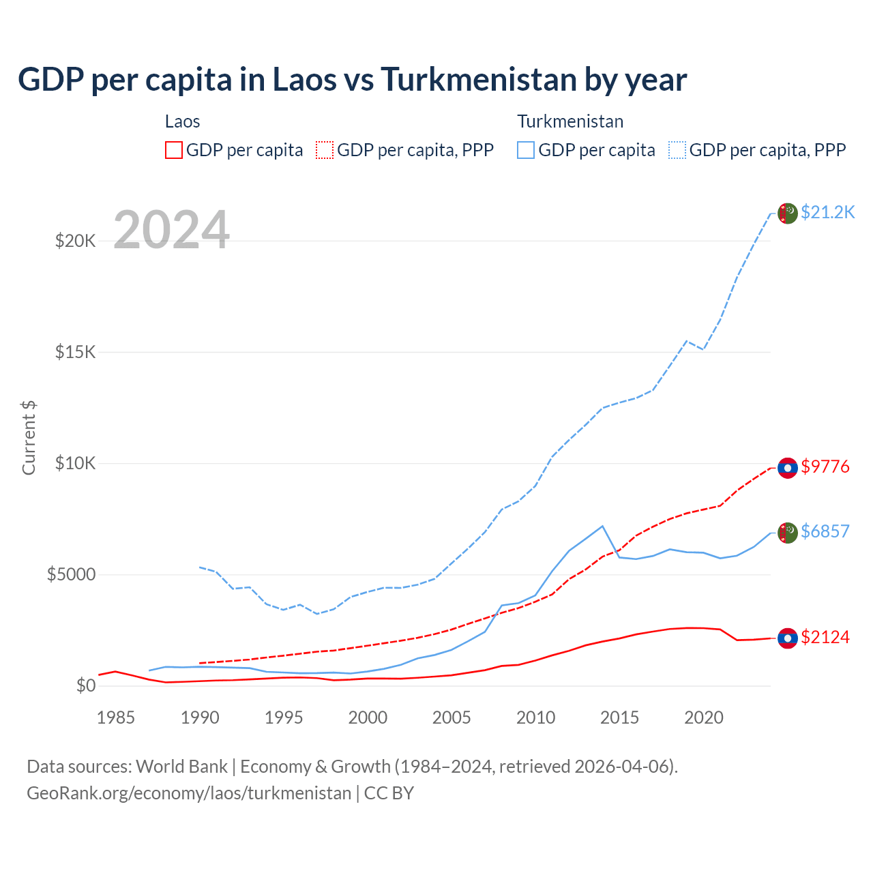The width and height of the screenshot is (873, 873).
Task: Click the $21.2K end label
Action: (x=827, y=212)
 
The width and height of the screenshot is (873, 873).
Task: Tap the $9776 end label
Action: (x=825, y=467)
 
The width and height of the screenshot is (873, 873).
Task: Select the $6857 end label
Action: (x=825, y=531)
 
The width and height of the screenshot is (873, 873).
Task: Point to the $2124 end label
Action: (x=825, y=637)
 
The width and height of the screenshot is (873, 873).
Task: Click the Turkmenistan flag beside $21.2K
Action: (x=788, y=213)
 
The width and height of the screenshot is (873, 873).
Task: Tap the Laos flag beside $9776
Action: (x=788, y=468)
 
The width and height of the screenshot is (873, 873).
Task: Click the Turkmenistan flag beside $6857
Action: (x=788, y=533)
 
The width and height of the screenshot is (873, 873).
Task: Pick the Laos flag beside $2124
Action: (x=788, y=638)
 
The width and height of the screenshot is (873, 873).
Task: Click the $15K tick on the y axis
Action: (x=75, y=352)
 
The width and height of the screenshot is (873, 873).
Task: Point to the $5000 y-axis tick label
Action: (x=71, y=574)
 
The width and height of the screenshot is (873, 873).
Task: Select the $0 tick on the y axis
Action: (x=85, y=685)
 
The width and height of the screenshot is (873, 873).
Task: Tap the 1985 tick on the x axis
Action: (x=115, y=717)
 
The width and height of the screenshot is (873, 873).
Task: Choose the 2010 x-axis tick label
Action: (x=535, y=717)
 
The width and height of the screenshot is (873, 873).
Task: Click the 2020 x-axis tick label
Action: (x=703, y=717)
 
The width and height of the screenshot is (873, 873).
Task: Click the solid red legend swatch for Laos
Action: (x=174, y=150)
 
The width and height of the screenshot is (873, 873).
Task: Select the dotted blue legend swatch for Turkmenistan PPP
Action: (x=677, y=150)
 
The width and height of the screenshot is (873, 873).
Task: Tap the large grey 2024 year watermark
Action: (x=171, y=230)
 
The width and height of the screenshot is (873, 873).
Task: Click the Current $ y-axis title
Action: (x=29, y=438)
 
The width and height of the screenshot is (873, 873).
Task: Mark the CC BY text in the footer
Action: (x=389, y=793)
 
